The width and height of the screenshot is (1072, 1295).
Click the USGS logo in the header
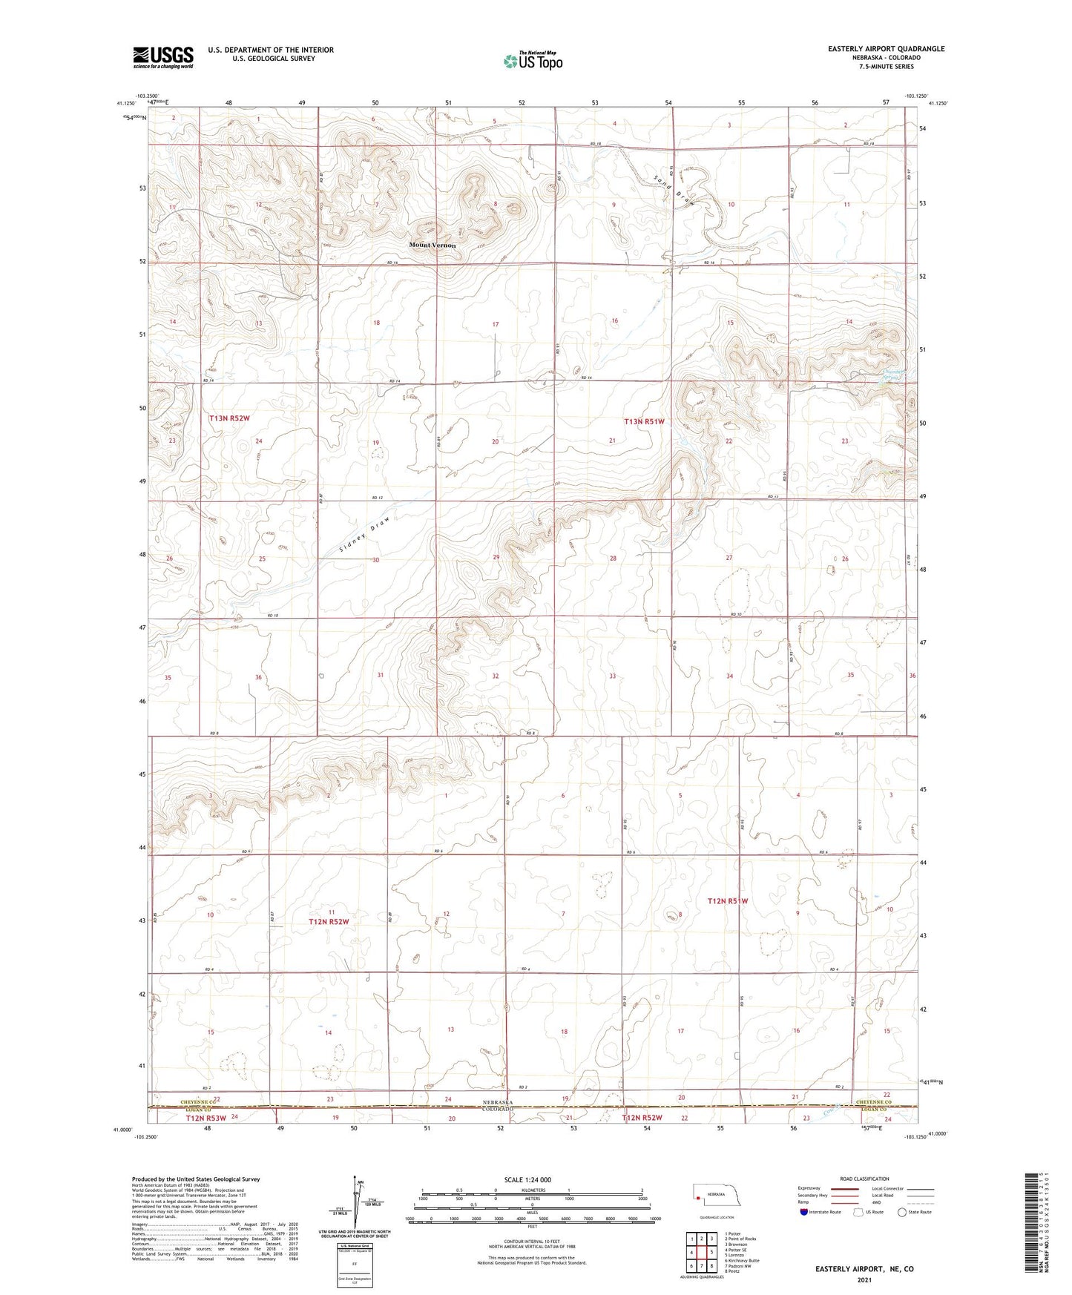click(x=163, y=57)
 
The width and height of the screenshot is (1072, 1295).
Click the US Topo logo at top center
click(x=532, y=62)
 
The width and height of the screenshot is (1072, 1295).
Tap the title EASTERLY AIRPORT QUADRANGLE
click(x=886, y=49)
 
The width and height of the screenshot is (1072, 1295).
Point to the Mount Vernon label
click(x=433, y=245)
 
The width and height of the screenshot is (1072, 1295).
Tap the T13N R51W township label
click(x=644, y=421)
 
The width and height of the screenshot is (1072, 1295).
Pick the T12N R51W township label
click(x=728, y=901)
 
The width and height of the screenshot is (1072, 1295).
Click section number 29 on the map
click(x=496, y=557)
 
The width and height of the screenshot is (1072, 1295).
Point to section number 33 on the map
click(x=613, y=676)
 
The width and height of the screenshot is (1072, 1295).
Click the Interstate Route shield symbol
click(x=803, y=1213)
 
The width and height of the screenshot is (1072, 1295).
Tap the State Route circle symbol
click(x=902, y=1213)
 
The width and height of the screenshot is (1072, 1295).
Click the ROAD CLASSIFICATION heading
click(x=864, y=1179)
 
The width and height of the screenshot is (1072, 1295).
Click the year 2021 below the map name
click(x=864, y=1279)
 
